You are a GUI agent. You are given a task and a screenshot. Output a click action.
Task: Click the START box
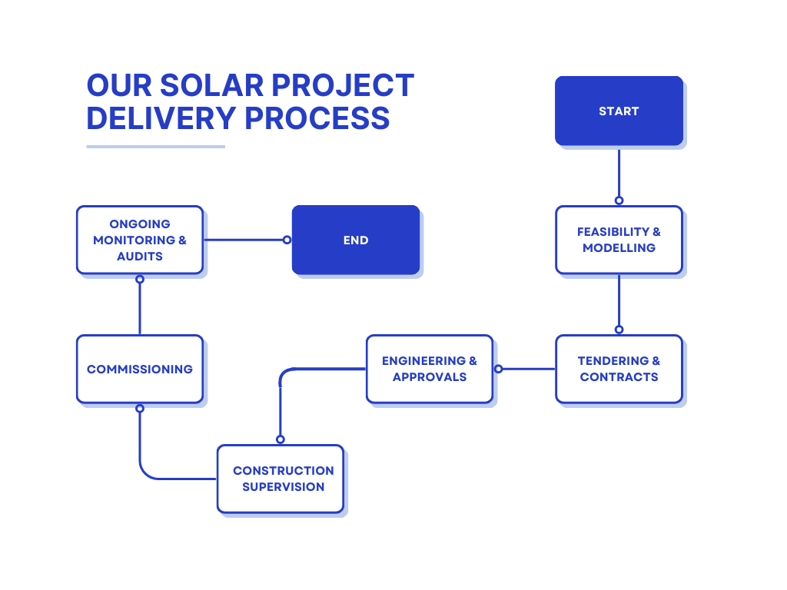coord(619,111)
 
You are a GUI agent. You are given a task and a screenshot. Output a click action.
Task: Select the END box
coord(356,240)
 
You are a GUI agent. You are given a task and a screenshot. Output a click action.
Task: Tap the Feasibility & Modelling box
coord(619,240)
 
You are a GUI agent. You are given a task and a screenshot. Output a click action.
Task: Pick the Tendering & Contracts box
coord(619,370)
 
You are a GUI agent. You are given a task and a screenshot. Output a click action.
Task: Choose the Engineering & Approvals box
coord(430,370)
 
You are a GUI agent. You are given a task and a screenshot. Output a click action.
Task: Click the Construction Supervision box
coord(281,479)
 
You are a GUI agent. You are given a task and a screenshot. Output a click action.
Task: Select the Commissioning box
coord(140,370)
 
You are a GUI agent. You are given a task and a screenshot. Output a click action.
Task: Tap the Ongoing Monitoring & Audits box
coord(140,240)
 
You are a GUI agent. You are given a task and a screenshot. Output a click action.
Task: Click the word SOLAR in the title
coord(212,85)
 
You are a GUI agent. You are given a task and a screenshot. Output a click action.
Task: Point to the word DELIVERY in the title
coord(161,118)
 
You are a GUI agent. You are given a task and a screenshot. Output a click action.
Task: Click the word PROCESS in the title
coord(317,118)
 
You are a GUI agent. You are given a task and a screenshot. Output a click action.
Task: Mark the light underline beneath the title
coord(155,147)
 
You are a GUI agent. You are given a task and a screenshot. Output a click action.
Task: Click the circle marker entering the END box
coord(287,240)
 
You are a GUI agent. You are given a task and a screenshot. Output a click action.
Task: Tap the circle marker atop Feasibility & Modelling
coord(619,201)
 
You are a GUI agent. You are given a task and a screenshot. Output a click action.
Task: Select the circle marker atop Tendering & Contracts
coord(619,330)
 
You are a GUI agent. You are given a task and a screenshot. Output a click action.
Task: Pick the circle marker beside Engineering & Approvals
coord(498,370)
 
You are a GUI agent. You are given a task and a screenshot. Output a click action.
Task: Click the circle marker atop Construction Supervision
coord(281,439)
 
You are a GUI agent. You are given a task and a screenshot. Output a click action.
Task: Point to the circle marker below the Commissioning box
coord(140,409)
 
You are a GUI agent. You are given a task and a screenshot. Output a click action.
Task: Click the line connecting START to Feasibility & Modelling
coord(619,173)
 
